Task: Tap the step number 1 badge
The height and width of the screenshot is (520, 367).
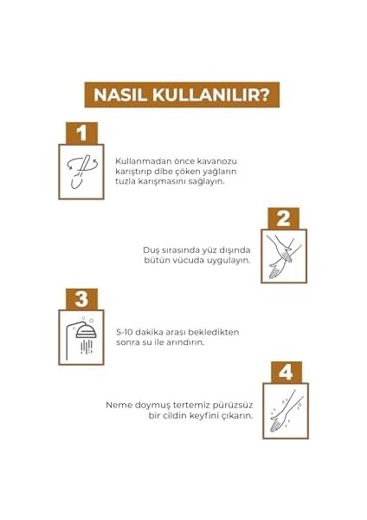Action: pos(82,133)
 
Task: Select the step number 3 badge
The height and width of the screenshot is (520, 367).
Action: pos(82,299)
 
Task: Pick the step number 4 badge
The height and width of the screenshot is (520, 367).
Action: pos(285,372)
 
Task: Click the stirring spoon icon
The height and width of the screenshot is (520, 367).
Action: pos(80,172)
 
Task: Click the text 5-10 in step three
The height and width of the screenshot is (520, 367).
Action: pos(125,332)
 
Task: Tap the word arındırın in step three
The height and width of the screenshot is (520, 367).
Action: pos(182,342)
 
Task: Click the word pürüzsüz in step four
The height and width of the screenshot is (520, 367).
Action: pos(229,405)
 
